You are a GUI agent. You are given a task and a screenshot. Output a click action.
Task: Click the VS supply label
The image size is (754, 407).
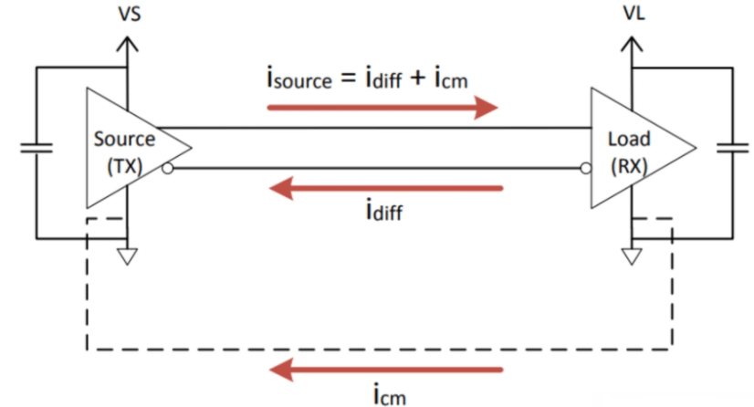coord(130,14)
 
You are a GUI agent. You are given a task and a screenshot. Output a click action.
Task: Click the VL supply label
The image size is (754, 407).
coord(634,13)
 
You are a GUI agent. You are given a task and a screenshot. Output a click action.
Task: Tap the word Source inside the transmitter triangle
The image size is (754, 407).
coord(124,139)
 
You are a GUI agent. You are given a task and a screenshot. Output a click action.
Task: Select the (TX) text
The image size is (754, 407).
coord(124,166)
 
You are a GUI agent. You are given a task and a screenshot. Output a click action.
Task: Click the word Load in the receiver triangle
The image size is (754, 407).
coord(629,139)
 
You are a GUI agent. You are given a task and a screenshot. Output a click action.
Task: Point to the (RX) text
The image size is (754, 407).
coord(629,166)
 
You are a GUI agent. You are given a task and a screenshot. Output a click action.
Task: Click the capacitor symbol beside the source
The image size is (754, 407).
coord(37,148)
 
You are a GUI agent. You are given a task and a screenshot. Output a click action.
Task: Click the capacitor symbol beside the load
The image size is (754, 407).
coord(732,148)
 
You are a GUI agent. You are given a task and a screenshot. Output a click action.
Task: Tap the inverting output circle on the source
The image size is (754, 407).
coord(167,169)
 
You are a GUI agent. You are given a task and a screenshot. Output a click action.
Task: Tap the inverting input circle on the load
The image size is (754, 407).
coord(586,169)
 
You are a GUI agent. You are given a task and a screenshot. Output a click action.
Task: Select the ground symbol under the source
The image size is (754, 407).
coord(128,256)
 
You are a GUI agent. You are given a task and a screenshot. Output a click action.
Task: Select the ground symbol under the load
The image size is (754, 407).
coord(632,256)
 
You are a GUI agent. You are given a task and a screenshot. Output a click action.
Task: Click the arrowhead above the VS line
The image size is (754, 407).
coord(128,44)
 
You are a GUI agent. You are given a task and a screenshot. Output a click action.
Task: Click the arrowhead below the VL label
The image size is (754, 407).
coord(632,44)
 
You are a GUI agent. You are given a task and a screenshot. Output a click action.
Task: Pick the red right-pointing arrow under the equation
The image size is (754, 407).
coord(382,107)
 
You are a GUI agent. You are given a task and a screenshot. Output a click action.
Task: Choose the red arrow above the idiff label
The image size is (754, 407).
coord(386,188)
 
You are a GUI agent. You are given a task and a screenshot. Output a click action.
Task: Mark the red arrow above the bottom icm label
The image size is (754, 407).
coord(386,370)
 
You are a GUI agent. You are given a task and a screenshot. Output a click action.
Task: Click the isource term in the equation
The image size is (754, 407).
coord(299,78)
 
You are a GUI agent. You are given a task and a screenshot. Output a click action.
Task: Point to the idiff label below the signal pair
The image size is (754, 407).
coord(384,210)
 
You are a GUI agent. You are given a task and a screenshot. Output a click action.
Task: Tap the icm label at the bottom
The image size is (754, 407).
coord(390,395)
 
